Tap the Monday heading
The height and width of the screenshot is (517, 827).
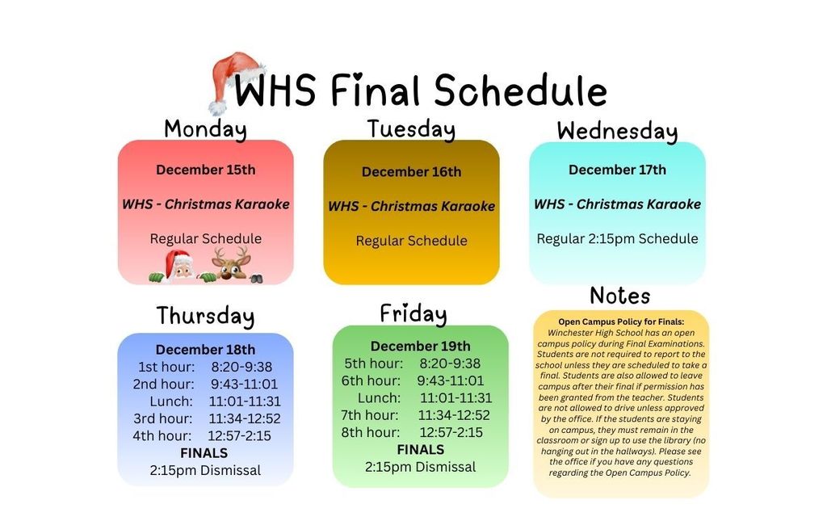pyautogui.click(x=205, y=128)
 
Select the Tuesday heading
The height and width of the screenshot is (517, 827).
pyautogui.click(x=411, y=129)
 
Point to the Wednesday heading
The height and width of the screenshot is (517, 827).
pyautogui.click(x=617, y=131)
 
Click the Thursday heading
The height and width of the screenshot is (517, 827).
pyautogui.click(x=205, y=316)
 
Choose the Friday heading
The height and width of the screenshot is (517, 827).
pyautogui.click(x=413, y=313)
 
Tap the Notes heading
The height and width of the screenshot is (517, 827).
pyautogui.click(x=619, y=296)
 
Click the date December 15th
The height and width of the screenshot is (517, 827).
pyautogui.click(x=205, y=170)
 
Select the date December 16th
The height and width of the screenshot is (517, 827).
pyautogui.click(x=411, y=172)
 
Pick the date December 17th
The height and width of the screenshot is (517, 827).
pyautogui.click(x=617, y=170)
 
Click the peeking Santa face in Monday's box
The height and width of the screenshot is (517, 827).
pyautogui.click(x=179, y=266)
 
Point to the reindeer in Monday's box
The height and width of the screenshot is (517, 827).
pyautogui.click(x=231, y=264)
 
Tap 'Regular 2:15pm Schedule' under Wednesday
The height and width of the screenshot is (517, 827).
pyautogui.click(x=617, y=239)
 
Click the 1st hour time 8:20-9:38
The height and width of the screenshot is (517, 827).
pyautogui.click(x=241, y=367)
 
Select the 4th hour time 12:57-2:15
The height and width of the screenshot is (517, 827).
pyautogui.click(x=239, y=435)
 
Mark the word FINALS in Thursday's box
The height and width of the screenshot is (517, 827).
pyautogui.click(x=204, y=452)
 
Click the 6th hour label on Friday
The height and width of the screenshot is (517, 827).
pyautogui.click(x=371, y=380)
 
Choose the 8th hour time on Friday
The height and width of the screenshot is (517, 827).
pyautogui.click(x=451, y=432)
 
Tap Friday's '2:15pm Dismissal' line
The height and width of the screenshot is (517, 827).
pyautogui.click(x=420, y=467)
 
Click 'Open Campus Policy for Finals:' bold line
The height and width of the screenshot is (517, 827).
pyautogui.click(x=620, y=322)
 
